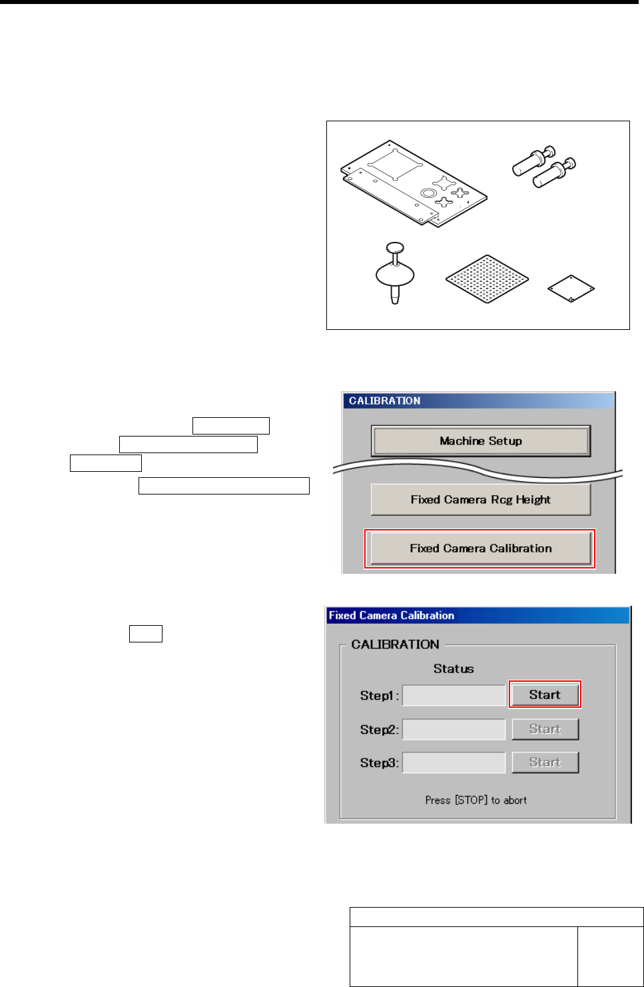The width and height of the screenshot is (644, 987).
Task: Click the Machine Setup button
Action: [480, 441]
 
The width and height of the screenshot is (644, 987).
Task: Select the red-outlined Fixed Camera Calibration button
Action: [480, 548]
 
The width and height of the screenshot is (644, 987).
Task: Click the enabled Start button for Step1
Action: [545, 694]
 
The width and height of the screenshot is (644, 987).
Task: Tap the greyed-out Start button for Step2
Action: [545, 729]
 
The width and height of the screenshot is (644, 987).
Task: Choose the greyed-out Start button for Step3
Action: [545, 762]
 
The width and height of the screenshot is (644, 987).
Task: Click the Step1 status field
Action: [454, 695]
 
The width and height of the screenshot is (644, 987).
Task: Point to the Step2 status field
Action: [454, 729]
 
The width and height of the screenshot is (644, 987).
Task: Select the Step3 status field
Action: [454, 762]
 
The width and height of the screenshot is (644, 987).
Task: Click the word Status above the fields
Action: [454, 668]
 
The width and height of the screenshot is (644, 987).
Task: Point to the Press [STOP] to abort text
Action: [476, 800]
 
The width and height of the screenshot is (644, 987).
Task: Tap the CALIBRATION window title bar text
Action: [385, 401]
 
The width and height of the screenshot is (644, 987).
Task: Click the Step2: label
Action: [380, 730]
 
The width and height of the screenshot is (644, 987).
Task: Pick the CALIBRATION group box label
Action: [395, 644]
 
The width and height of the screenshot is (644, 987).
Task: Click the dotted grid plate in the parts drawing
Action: [487, 279]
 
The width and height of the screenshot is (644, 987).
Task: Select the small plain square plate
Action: [571, 289]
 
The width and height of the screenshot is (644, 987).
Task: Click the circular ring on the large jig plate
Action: [428, 193]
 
